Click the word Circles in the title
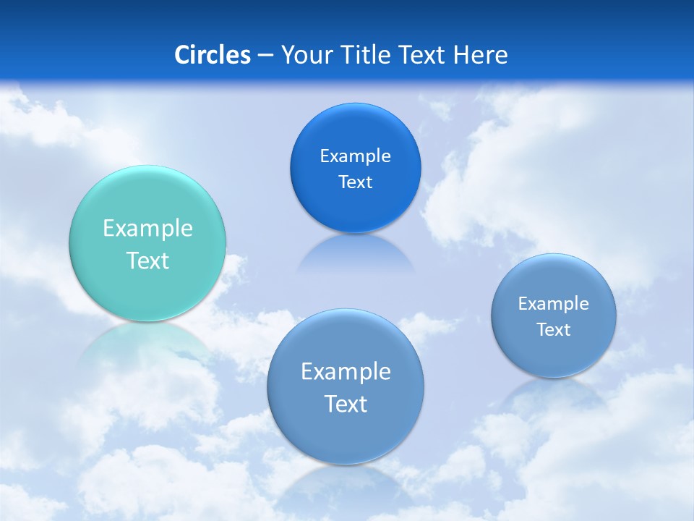[x=212, y=55]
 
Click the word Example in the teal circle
[x=147, y=229]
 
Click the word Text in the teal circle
[x=147, y=260]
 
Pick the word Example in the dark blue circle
[x=355, y=156]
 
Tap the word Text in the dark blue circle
[x=355, y=182]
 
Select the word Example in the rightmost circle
[x=554, y=303]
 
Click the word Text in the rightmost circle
[x=554, y=329]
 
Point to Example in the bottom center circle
[x=346, y=371]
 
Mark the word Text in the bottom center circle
[x=346, y=403]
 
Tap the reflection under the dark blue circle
[x=355, y=253]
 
